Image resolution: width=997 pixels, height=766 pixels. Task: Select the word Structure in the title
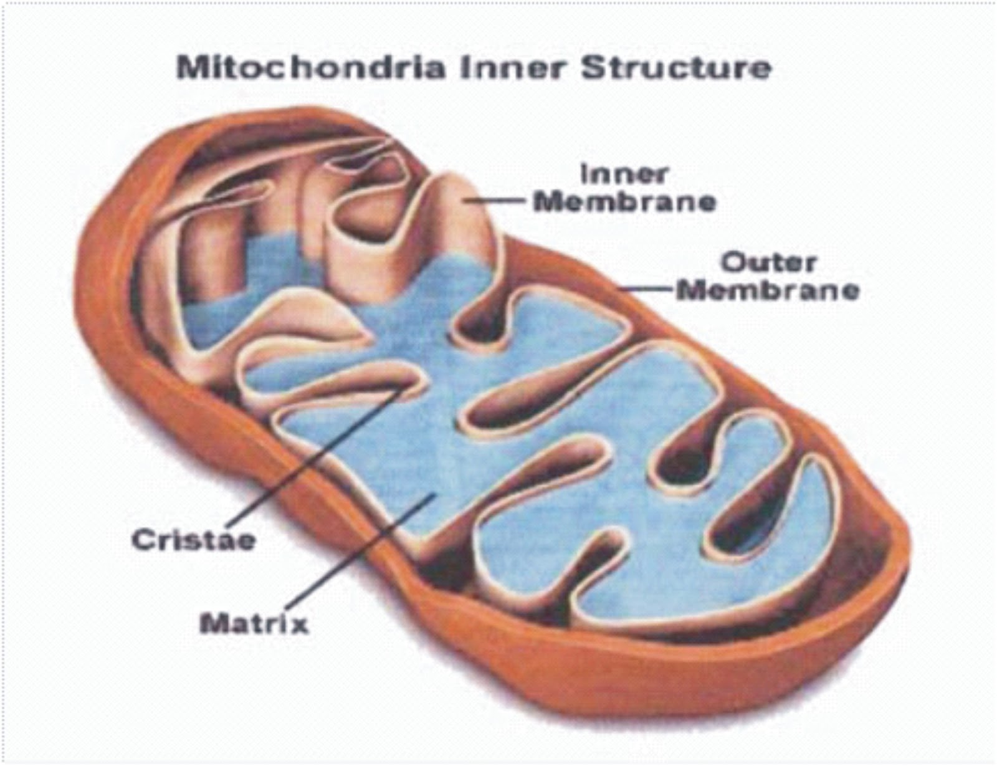(677, 67)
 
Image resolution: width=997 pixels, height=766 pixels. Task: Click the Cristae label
(194, 540)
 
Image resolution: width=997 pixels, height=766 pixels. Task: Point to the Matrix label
(254, 623)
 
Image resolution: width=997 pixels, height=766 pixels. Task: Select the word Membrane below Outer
(768, 290)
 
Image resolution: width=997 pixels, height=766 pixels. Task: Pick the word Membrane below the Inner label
(626, 202)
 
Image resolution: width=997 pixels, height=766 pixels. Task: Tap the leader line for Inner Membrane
(499, 201)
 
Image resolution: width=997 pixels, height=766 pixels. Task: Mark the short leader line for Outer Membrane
(648, 289)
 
